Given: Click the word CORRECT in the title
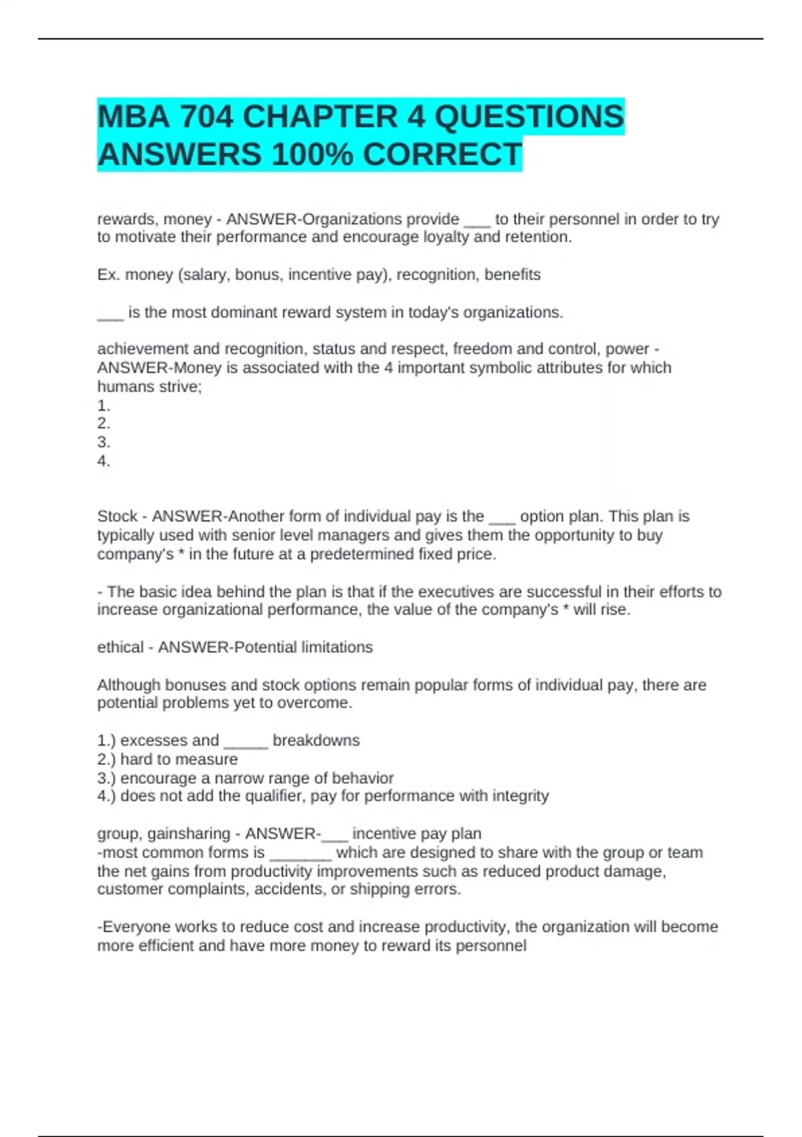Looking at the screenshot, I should [x=442, y=154].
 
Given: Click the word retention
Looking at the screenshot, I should [x=539, y=237].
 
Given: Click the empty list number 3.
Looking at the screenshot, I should [x=104, y=442].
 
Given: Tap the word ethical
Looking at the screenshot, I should [x=120, y=647].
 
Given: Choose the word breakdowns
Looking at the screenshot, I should [x=316, y=740].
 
